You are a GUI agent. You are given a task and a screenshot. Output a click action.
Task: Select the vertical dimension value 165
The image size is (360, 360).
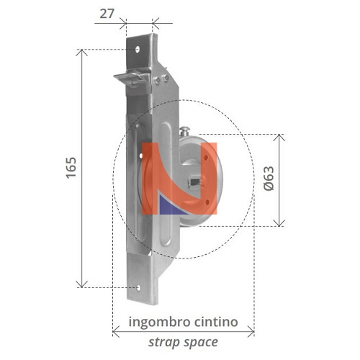[x=71, y=167]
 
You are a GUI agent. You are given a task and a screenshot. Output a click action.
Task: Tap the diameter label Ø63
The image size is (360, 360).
[x=269, y=179]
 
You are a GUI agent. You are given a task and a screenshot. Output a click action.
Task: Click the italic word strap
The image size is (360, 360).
[x=165, y=342]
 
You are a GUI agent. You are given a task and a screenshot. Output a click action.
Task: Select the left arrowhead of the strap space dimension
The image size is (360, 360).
[x=117, y=332]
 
